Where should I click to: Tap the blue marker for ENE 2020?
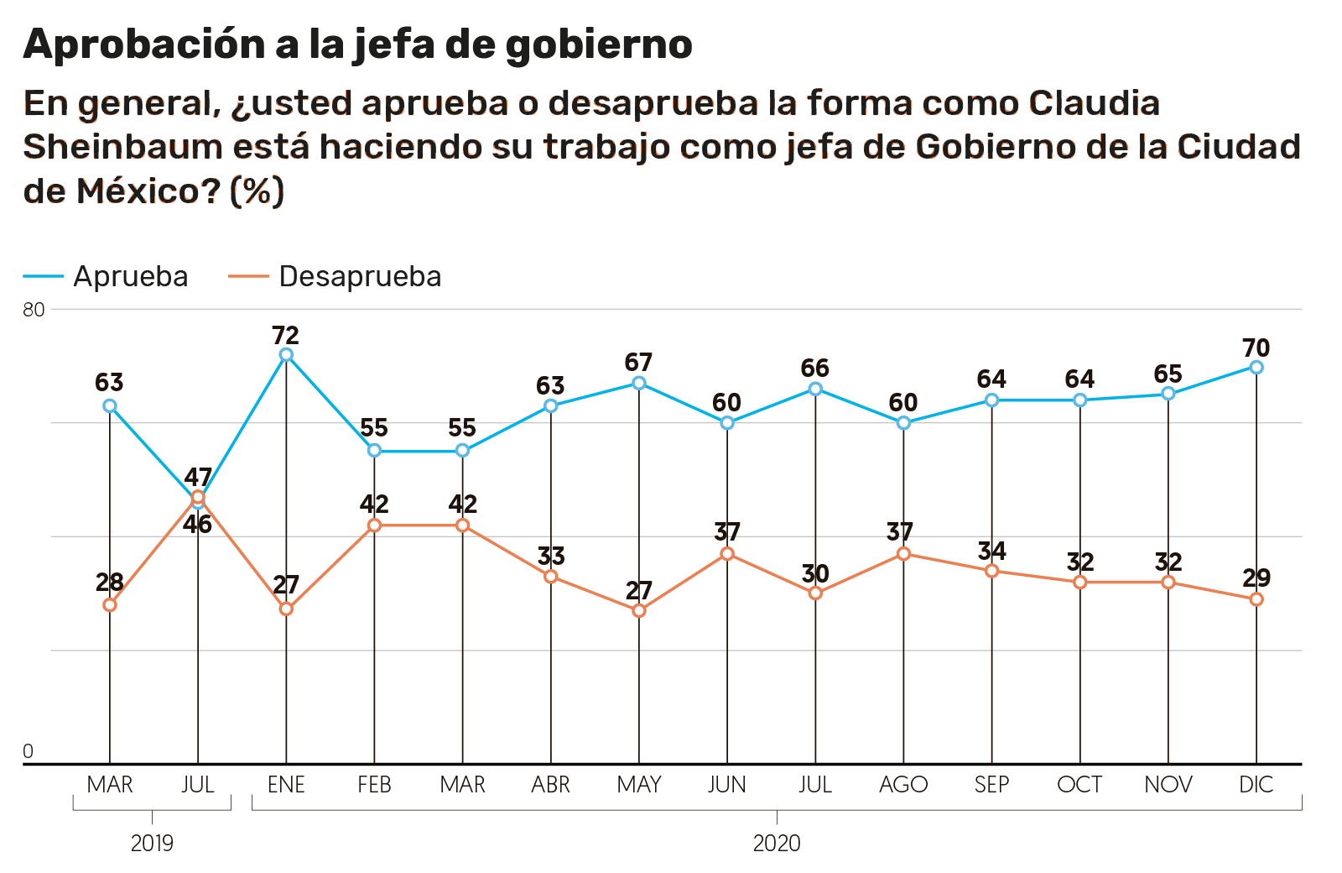(286, 355)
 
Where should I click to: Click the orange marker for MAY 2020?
(639, 610)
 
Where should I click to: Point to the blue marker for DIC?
(1256, 367)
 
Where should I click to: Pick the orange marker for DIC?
(1256, 599)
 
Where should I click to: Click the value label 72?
(286, 336)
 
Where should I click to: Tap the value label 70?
(1256, 348)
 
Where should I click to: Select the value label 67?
(639, 363)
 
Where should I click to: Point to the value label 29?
(1256, 578)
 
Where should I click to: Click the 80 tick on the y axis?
(34, 310)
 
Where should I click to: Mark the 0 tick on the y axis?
(28, 751)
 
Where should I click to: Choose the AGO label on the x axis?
(903, 785)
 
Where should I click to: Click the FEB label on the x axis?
(374, 785)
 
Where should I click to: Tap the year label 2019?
(152, 843)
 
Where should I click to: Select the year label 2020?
(777, 843)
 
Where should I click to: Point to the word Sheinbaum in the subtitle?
(122, 147)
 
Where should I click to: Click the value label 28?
(110, 582)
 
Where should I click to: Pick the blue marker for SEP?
(992, 400)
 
